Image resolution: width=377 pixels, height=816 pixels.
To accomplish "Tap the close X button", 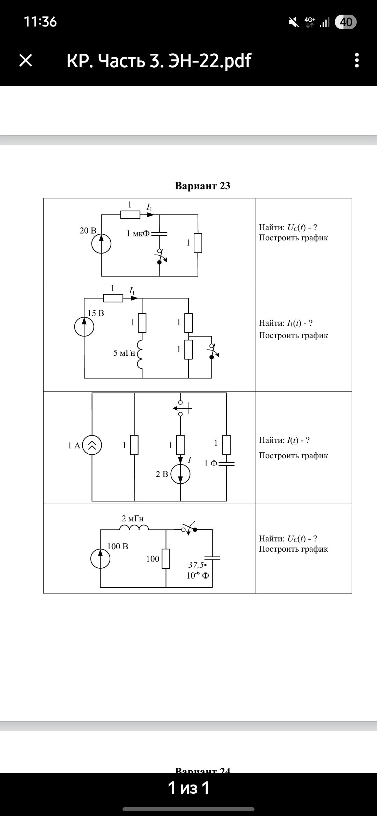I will coord(25,60).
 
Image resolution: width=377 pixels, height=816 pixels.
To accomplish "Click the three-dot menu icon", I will coord(356,60).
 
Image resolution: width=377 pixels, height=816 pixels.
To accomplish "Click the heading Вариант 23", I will coord(202,186).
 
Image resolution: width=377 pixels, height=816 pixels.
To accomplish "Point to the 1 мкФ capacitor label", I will coord(138,234).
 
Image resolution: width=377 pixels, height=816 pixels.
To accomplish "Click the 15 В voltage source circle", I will coord(84,327).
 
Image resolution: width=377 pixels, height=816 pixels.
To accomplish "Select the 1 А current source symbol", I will coord(92,445).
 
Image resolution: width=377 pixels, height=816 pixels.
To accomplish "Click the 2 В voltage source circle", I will coord(180,474).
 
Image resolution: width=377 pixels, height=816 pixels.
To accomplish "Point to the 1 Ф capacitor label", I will coord(211,463).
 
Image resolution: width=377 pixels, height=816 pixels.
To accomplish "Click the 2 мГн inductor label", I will coord(133,519).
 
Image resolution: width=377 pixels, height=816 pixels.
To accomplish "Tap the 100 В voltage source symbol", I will coord(101,559).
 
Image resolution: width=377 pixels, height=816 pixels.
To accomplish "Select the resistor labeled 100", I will coord(166,558).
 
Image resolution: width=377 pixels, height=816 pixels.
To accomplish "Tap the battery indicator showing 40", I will coord(345,22).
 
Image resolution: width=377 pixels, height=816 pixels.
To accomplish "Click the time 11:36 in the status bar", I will coord(40,22).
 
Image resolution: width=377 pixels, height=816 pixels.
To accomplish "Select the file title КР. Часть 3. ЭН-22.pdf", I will coord(159,60).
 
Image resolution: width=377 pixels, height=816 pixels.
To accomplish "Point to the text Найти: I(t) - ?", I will coord(284,440).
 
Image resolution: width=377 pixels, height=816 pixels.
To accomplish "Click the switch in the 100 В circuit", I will coord(189,529).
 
